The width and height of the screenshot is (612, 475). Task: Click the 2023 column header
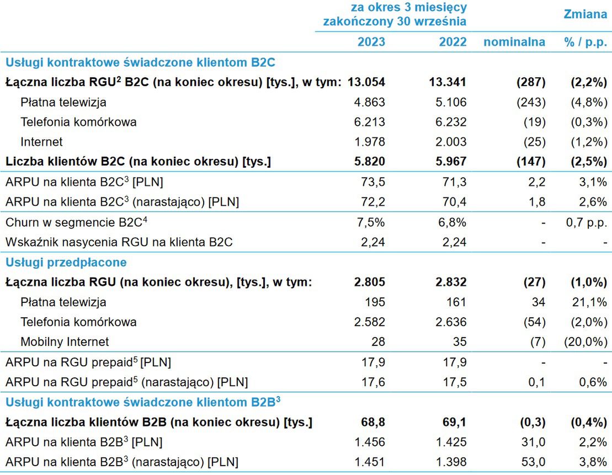tap(371, 42)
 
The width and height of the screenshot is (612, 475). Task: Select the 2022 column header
tap(453, 42)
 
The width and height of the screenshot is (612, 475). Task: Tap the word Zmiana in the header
tap(585, 14)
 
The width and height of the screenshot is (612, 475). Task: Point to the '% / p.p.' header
tap(585, 42)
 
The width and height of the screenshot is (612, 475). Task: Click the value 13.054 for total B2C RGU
tap(366, 82)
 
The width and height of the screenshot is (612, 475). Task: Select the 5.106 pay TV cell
tap(451, 102)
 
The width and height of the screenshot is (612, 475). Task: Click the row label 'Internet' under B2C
tap(41, 142)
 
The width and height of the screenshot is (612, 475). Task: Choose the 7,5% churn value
tap(372, 222)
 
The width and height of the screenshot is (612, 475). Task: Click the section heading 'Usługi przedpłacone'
tap(66, 262)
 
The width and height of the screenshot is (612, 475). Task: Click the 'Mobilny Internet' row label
tap(65, 341)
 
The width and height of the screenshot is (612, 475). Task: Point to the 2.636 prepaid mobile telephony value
tap(451, 322)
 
